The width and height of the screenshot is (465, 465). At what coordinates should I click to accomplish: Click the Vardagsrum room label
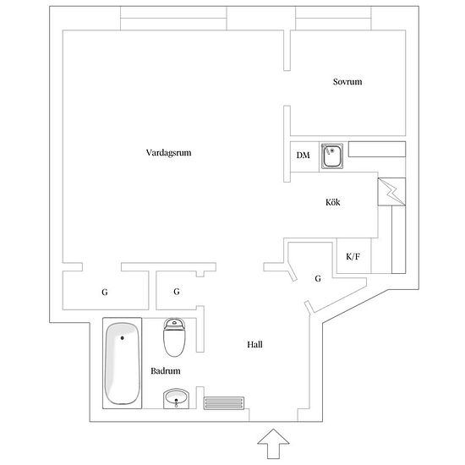(168, 153)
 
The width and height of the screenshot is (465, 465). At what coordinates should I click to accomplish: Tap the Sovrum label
(347, 82)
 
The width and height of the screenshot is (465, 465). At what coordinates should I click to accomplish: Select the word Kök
(333, 202)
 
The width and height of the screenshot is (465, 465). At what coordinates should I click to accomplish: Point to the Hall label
(254, 344)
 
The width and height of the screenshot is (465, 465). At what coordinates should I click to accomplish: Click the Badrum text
(166, 370)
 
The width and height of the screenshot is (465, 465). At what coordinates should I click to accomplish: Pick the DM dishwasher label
(303, 155)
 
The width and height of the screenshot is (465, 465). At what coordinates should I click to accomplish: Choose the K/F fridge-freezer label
(353, 256)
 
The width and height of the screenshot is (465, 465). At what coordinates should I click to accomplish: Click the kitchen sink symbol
(332, 156)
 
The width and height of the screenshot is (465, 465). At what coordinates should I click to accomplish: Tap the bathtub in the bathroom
(123, 364)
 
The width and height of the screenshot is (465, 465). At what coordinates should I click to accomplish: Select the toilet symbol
(174, 337)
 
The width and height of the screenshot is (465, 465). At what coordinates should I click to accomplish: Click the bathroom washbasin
(176, 398)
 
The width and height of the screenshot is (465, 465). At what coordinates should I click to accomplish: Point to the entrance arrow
(273, 443)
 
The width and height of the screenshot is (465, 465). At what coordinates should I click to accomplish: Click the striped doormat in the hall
(224, 403)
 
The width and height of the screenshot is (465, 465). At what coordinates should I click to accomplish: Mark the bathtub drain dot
(123, 338)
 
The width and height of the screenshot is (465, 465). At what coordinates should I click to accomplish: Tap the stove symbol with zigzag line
(391, 192)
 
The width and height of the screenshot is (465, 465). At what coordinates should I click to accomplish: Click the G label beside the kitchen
(318, 278)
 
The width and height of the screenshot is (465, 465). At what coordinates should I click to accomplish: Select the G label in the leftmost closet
(104, 293)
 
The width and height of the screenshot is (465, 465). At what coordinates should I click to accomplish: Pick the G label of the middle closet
(177, 292)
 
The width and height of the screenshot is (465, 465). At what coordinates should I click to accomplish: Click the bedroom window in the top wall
(333, 19)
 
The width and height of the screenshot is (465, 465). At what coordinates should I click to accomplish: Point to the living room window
(173, 19)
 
